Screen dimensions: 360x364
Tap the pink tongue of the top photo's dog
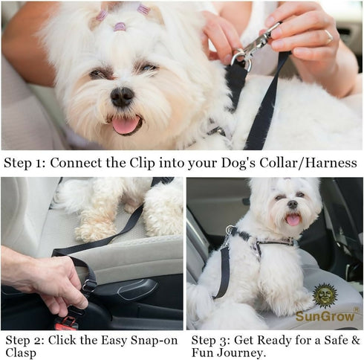pyautogui.click(x=125, y=125)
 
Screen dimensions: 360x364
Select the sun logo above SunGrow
pyautogui.click(x=325, y=296)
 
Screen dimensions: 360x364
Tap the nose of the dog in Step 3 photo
pyautogui.click(x=292, y=205)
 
